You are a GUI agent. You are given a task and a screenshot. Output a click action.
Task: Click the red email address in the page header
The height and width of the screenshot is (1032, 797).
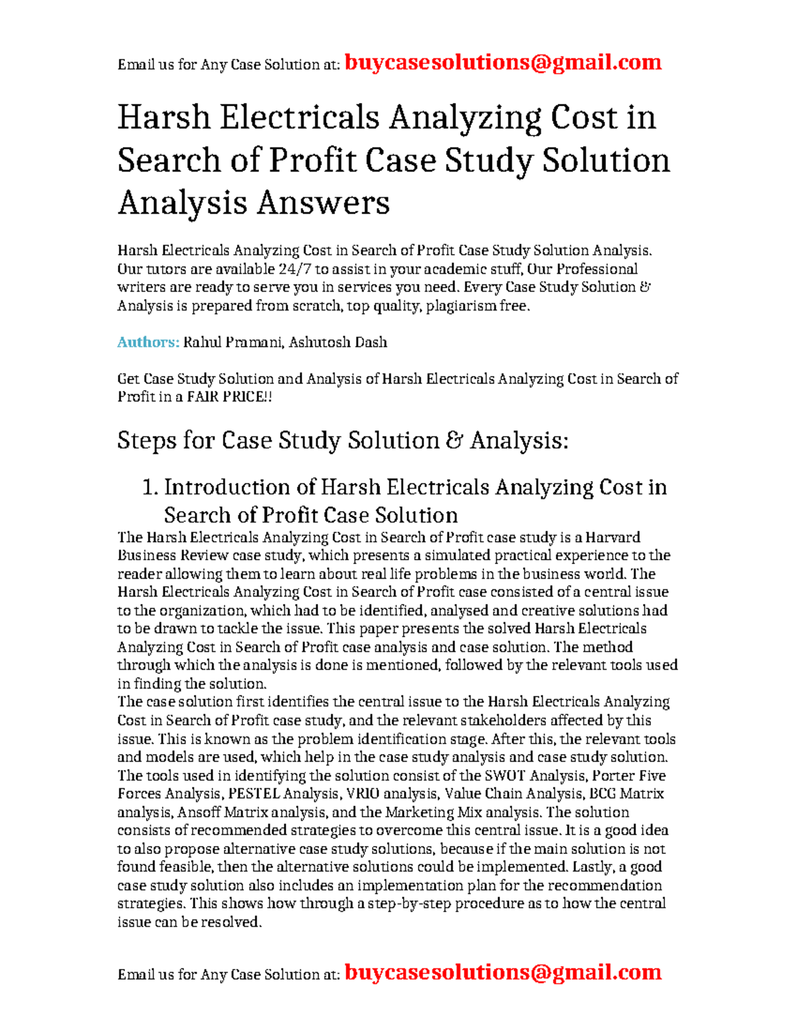[503, 62]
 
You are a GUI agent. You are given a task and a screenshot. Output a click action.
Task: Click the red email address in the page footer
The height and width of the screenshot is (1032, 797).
[503, 972]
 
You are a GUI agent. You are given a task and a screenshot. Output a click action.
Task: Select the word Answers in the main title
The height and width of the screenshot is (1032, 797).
[323, 203]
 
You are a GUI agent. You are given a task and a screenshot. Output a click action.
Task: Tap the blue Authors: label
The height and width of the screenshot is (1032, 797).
[148, 342]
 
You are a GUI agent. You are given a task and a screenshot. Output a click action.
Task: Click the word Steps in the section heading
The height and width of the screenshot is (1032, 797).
[146, 441]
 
